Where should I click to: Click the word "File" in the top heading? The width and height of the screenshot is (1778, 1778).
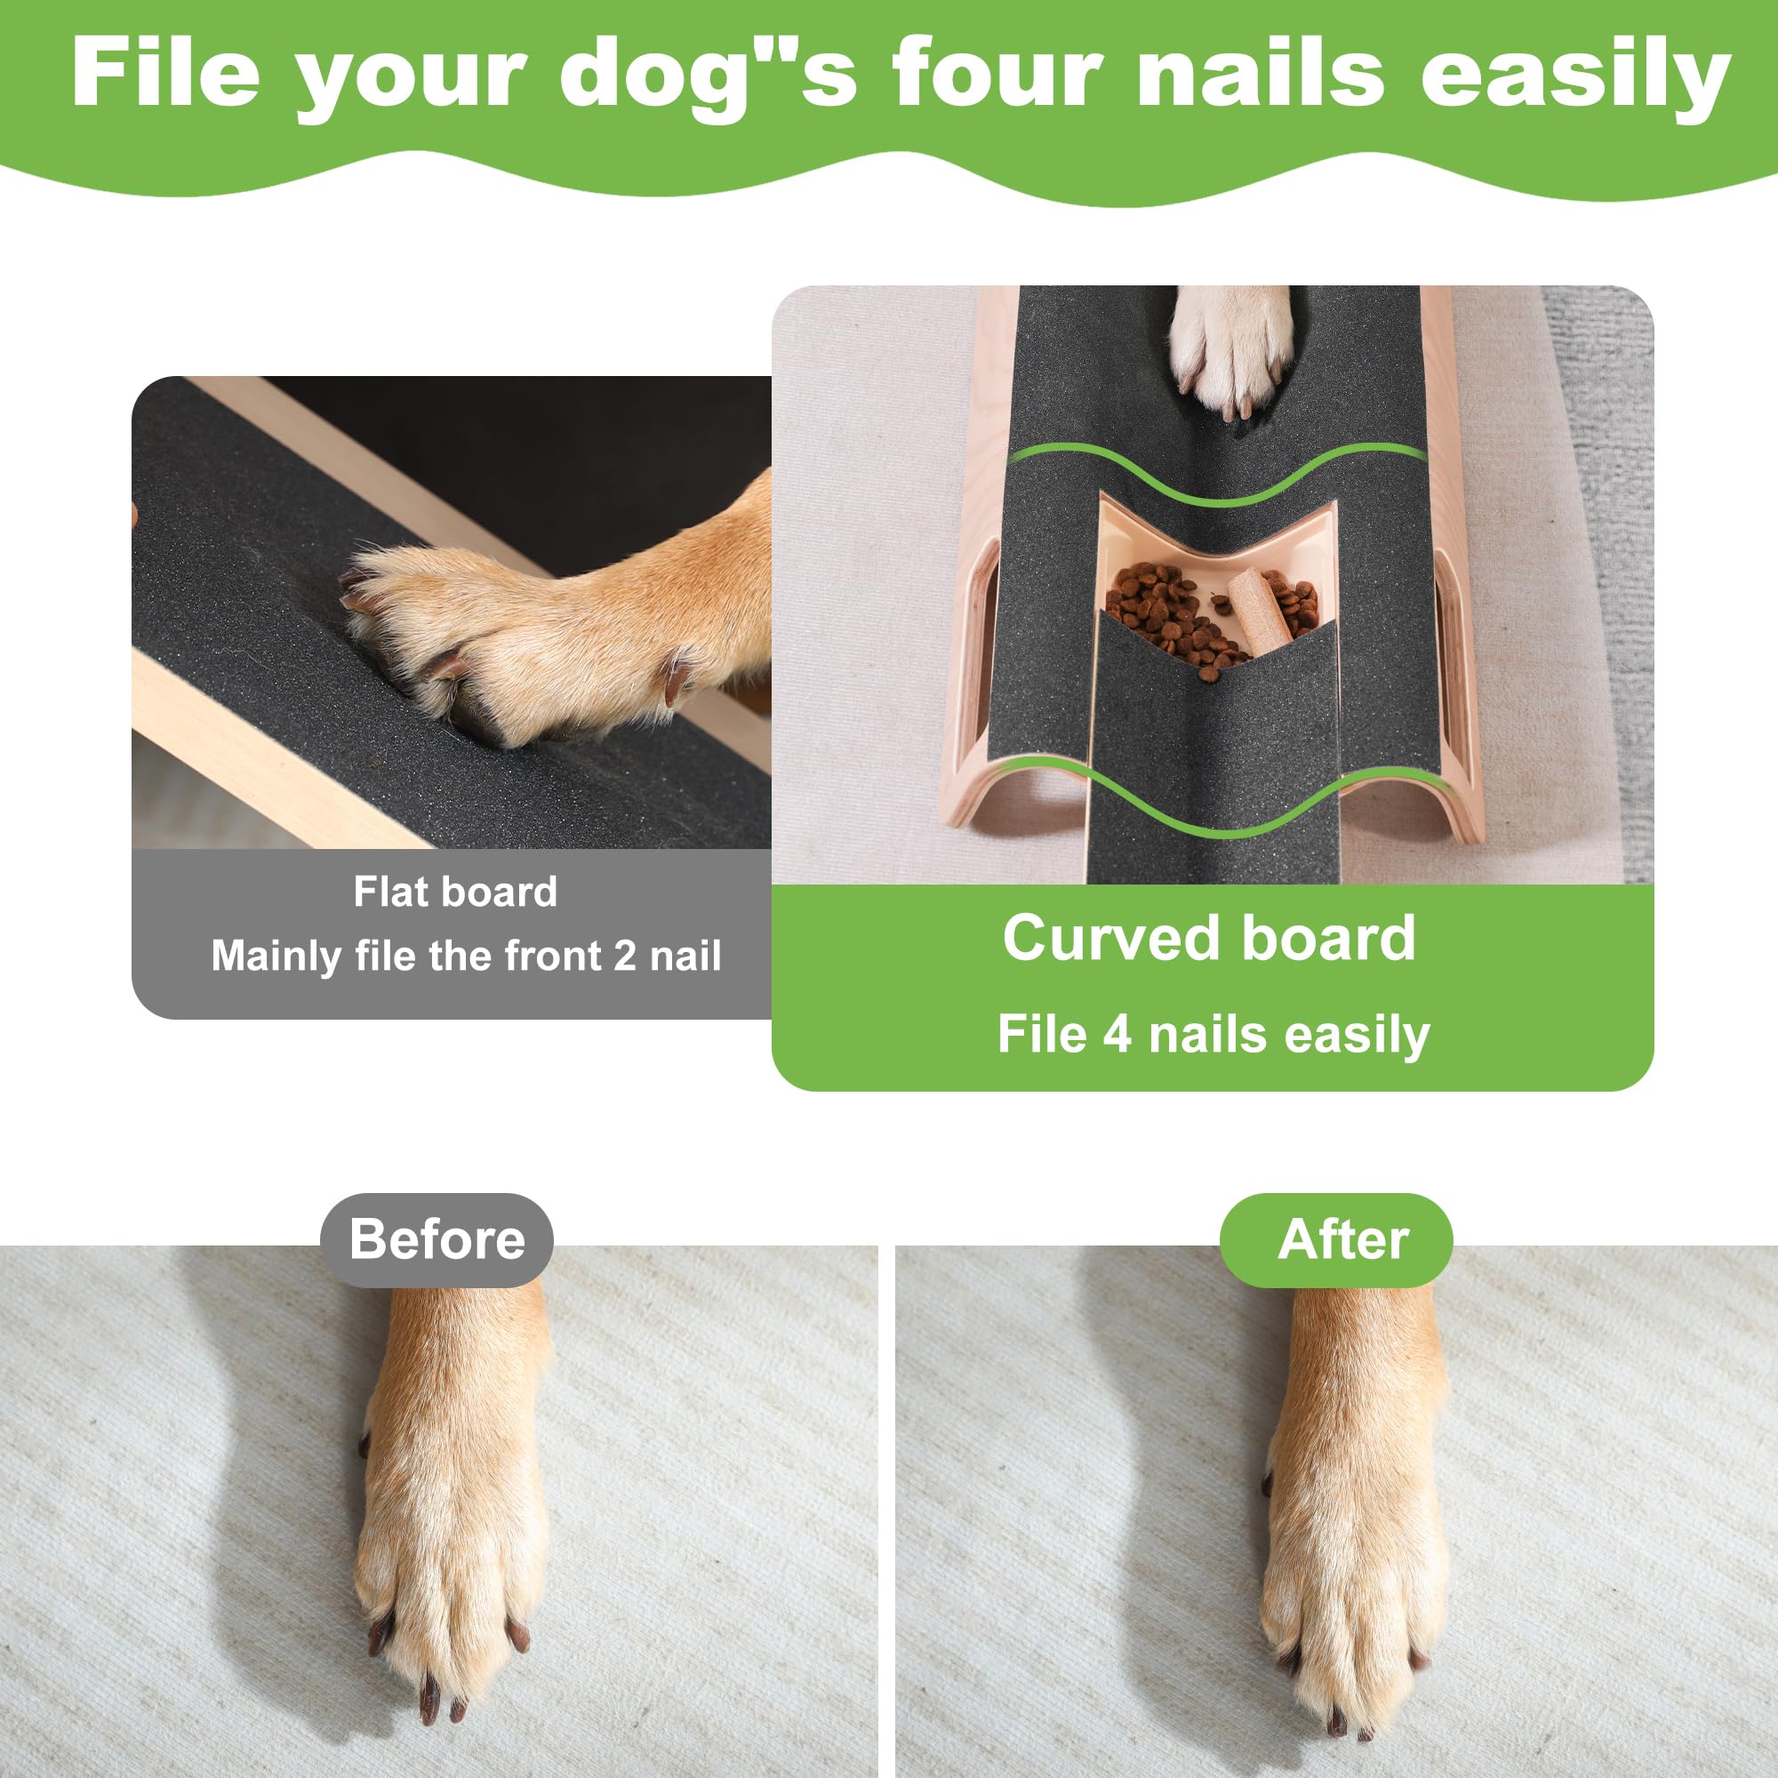165,74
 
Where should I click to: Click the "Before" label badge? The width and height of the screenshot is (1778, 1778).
437,1238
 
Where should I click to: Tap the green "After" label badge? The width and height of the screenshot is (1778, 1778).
1342,1238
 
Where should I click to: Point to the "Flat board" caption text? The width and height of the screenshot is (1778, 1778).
455,892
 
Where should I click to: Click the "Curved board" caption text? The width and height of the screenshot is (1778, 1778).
1208,939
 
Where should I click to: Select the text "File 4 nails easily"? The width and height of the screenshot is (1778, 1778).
1213,1034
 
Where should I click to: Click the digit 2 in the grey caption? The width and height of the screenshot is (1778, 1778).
625,957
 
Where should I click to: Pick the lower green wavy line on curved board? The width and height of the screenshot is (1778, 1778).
1214,810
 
